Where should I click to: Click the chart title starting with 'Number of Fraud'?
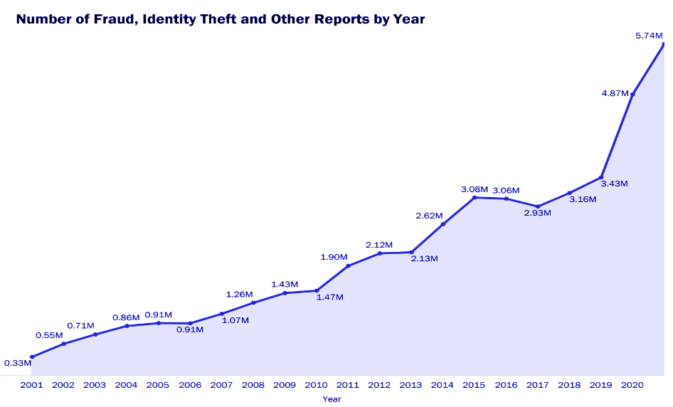coord(220,19)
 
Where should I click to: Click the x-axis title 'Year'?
coord(332,399)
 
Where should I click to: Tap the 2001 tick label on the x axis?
coord(32,385)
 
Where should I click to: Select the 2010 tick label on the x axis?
coord(316,385)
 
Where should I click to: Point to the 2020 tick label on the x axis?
coord(632,385)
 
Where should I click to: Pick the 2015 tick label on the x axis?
coord(474,385)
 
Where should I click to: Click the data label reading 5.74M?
coord(649,35)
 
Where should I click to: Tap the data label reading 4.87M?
coord(615,93)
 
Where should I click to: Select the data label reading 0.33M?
coord(18,363)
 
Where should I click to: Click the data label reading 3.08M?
coord(475,189)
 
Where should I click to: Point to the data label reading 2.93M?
coord(538,213)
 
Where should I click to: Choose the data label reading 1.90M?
coord(334,256)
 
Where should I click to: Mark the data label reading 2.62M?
coord(429,216)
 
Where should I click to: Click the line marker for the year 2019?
coord(601,177)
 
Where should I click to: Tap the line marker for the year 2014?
coord(443,224)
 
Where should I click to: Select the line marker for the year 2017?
coord(538,206)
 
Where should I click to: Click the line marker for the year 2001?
coord(32,356)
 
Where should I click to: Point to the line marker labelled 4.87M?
coord(632,94)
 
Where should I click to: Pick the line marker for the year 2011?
coord(348,265)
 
